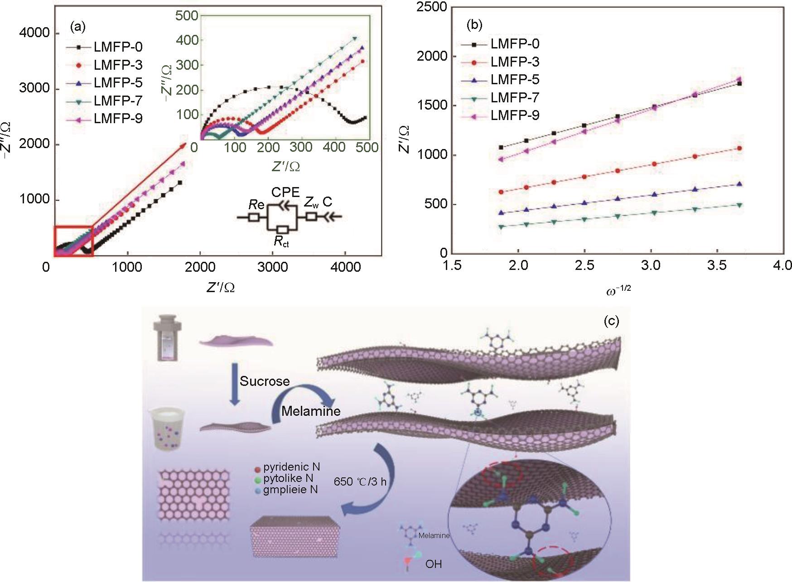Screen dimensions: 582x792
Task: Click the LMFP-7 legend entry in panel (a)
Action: pos(118,101)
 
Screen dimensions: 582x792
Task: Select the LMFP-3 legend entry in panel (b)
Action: pos(515,62)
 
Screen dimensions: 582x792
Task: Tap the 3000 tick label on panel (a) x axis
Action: pos(272,267)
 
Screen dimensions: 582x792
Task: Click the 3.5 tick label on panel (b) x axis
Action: pos(717,265)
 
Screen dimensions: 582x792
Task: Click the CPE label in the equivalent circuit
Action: pos(285,192)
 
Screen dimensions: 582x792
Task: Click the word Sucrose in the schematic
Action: pos(265,381)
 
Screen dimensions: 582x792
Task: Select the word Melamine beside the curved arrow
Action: pos(311,411)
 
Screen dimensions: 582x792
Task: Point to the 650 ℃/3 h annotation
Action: pos(360,481)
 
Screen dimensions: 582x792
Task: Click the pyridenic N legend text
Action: pos(292,467)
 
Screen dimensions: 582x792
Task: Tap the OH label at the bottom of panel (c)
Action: pos(434,564)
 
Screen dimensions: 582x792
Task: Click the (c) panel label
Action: pos(611,321)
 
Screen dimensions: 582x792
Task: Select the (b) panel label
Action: pos(474,25)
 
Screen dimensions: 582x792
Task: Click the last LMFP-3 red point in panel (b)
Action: pos(739,149)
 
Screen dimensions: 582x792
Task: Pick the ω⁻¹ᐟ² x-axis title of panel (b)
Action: pos(618,291)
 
